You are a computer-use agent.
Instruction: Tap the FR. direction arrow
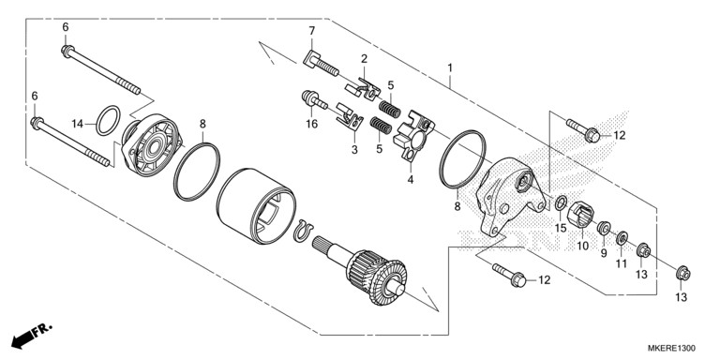coord(29,335)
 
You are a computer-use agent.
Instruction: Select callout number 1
coord(451,67)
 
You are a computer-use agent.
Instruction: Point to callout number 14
coord(79,123)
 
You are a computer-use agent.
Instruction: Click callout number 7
coord(312,33)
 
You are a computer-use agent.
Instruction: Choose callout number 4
coord(409,178)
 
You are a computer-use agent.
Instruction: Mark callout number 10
coord(582,246)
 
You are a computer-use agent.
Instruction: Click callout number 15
coord(560,228)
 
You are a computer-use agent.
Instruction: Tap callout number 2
coord(365,59)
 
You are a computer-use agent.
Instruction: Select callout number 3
coord(355,149)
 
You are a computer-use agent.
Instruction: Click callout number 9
coord(603,253)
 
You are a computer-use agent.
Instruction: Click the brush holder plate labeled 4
coord(412,134)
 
